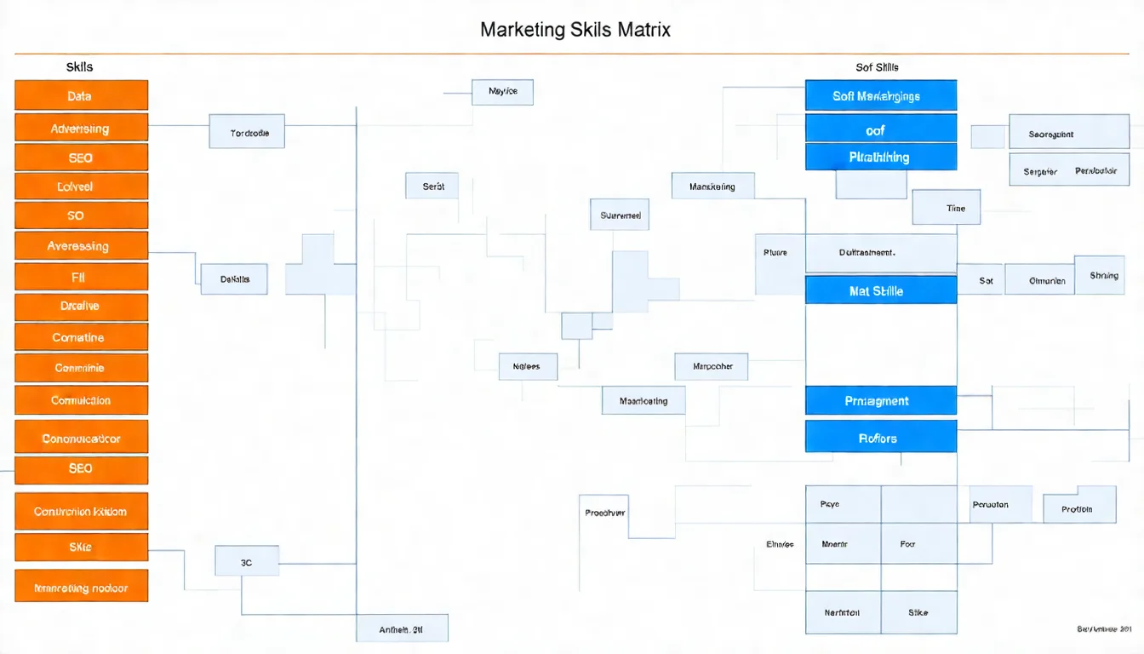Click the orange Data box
(81, 95)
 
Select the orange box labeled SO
(81, 215)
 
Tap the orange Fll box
(81, 277)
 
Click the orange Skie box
(81, 547)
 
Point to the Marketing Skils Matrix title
(575, 30)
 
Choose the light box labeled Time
(946, 207)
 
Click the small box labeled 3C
(247, 563)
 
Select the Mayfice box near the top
(502, 91)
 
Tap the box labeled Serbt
(433, 186)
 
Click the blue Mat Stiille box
(880, 290)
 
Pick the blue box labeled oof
(880, 129)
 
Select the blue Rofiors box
(880, 438)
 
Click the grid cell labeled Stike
(918, 612)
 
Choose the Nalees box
(527, 366)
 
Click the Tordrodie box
(247, 133)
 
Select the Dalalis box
(234, 278)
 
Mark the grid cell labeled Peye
(843, 504)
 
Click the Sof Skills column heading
(877, 66)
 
